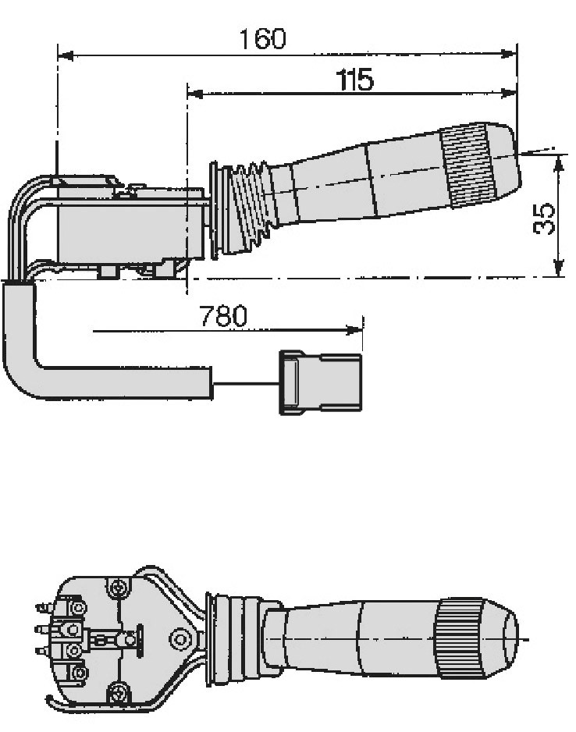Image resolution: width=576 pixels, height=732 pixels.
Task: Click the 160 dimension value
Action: click(x=262, y=39)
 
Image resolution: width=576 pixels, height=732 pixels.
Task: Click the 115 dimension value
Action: click(x=355, y=80)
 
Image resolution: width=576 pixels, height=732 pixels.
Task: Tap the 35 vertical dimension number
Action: click(x=544, y=219)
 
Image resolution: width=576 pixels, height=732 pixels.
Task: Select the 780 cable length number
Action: click(x=223, y=316)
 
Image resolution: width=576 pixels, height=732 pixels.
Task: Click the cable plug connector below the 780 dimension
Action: click(x=320, y=382)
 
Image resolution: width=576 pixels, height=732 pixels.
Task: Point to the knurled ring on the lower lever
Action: click(x=458, y=638)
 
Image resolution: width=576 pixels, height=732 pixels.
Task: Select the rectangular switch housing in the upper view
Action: click(x=130, y=224)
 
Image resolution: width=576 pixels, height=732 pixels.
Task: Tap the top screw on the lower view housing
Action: click(x=118, y=588)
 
